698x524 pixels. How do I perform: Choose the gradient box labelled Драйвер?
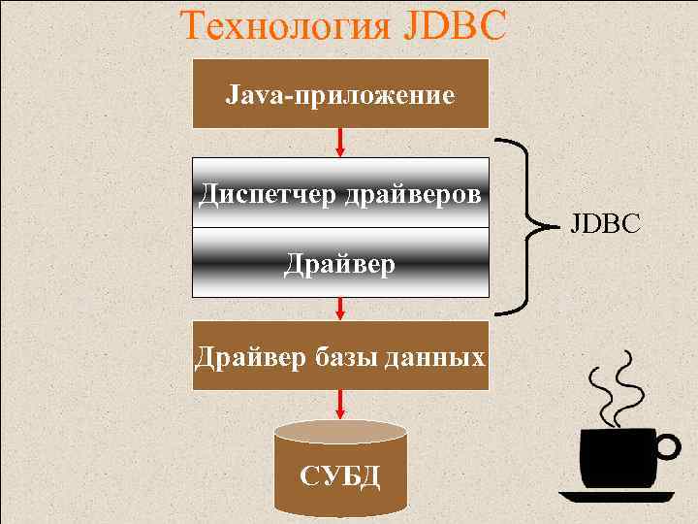point(340,263)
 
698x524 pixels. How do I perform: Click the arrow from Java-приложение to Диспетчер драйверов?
point(340,142)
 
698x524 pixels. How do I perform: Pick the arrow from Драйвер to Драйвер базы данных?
point(340,308)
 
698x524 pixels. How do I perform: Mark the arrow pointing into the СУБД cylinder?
point(340,404)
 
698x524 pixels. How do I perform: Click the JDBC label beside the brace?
point(605,225)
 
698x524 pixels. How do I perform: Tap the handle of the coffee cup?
point(666,445)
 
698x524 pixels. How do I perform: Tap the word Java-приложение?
point(340,96)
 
